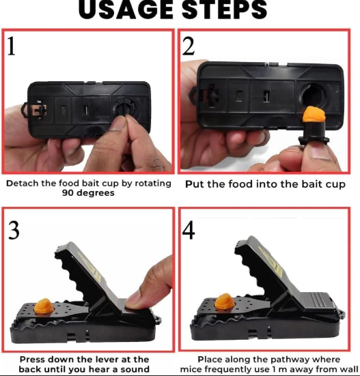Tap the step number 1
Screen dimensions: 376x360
coord(14,46)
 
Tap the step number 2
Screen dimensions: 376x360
coord(190,46)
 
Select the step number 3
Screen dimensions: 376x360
coord(14,231)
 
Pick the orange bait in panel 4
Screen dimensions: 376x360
coord(223,302)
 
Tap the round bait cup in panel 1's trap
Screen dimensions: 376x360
coord(124,110)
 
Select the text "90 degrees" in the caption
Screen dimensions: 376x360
coord(87,193)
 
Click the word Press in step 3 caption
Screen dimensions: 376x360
coord(33,359)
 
